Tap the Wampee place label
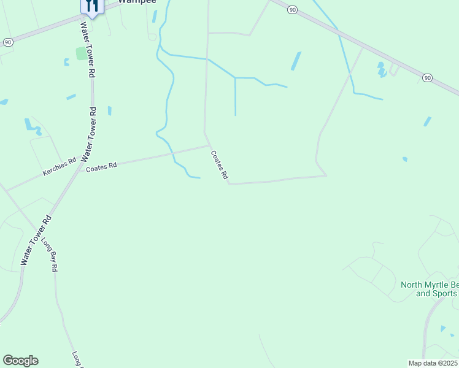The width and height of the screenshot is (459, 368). click(137, 2)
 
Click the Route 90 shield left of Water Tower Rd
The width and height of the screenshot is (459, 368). click(7, 42)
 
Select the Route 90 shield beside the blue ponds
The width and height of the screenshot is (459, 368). click(427, 77)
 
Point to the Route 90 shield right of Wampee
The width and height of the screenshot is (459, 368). click(292, 9)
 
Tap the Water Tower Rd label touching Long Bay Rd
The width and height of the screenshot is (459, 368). click(35, 240)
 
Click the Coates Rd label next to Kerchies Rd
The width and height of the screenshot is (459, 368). click(101, 167)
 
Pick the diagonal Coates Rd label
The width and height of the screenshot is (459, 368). click(219, 165)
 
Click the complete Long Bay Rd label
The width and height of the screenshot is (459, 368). click(49, 254)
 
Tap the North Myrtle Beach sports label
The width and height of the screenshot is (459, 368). click(429, 289)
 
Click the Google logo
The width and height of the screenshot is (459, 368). click(20, 361)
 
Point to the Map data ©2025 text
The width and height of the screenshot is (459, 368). click(433, 363)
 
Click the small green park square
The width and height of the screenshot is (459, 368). click(81, 53)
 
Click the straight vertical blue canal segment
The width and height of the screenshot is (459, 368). click(235, 96)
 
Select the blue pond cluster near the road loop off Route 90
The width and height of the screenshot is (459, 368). click(382, 69)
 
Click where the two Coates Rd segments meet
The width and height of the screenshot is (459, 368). click(209, 145)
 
